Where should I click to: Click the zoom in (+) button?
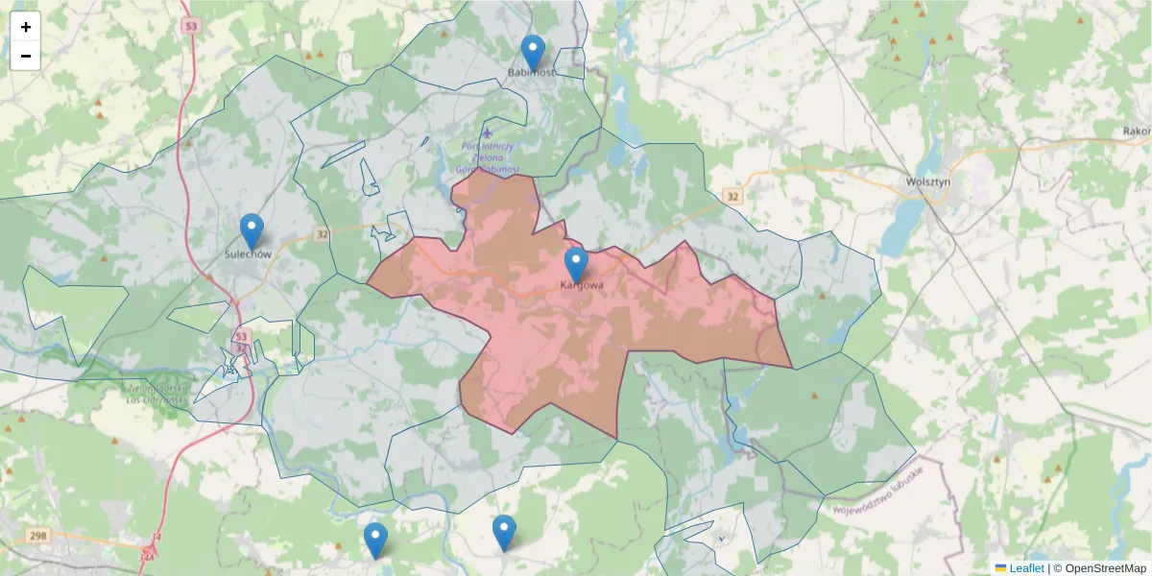pos(26,27)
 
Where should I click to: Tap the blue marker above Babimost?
pos(532,53)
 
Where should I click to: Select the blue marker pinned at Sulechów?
pos(252,231)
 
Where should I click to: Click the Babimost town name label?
pos(532,72)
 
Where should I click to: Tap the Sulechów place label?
pos(249,254)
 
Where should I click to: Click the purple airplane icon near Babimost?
pos(488,132)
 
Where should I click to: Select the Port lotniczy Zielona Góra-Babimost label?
pos(489,157)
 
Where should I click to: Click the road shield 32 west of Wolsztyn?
pos(733,196)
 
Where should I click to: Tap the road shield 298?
pos(37,535)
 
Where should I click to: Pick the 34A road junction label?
pos(147,555)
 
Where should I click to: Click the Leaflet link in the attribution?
pos(1026,568)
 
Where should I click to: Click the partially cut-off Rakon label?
pos(1137,131)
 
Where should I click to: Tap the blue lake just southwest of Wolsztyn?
pos(900,228)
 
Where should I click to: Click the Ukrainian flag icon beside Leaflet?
pos(1001,568)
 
